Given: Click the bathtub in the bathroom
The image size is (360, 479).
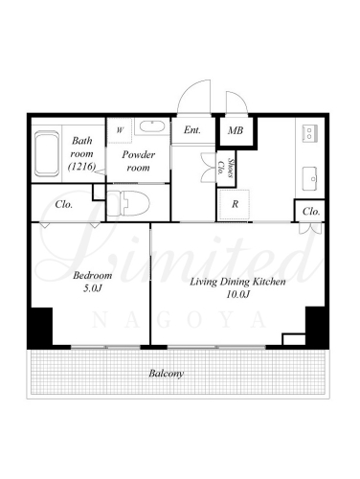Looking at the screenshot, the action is (x=47, y=153).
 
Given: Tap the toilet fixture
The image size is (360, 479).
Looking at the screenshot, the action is (x=128, y=203).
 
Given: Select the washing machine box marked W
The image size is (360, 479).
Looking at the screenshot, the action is (x=120, y=130).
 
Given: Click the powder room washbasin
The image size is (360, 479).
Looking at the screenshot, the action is (x=152, y=126).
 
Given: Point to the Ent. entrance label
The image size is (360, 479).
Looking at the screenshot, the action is (x=192, y=130).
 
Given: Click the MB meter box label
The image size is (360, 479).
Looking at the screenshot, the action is (x=236, y=130).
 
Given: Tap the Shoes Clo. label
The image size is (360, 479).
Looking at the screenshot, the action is (x=226, y=169).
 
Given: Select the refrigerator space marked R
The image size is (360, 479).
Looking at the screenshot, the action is (x=235, y=204).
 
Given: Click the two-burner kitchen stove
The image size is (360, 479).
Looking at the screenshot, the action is (x=309, y=133).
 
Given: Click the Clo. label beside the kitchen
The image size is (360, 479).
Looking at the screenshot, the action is (x=311, y=212).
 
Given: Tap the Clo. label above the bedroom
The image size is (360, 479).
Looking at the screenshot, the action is (x=64, y=204).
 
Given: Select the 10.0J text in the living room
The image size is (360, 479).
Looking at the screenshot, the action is (x=237, y=294).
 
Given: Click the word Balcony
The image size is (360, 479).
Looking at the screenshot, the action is (x=166, y=374).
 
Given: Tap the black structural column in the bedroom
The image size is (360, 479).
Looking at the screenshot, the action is (x=40, y=328).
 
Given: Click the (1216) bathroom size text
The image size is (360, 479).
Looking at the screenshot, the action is (x=82, y=167).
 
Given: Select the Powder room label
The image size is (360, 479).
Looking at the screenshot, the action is (x=138, y=161).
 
